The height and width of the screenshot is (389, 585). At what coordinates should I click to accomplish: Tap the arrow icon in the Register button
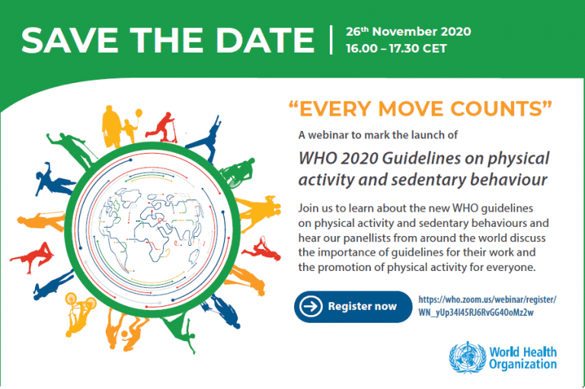tap(310, 307)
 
